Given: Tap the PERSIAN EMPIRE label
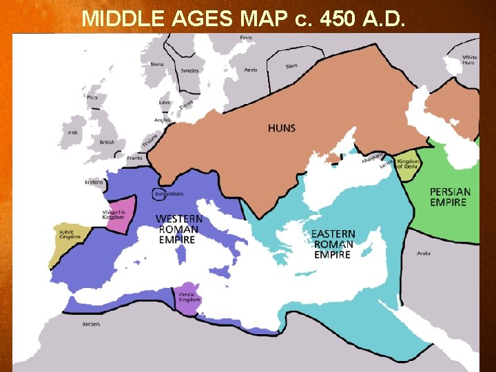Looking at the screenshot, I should [x=450, y=197].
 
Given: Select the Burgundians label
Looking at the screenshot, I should [x=169, y=194].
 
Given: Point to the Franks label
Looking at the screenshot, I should [x=135, y=158].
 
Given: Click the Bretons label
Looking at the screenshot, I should [x=94, y=183].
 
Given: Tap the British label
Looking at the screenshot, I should [x=107, y=143].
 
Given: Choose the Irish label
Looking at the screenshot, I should [x=71, y=132].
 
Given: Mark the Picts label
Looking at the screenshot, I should [x=92, y=97].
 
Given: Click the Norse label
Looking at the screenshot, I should [x=157, y=64].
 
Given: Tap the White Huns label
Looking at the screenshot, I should [x=469, y=60].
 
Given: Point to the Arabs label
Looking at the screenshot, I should [x=424, y=254].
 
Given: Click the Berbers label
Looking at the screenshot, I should [x=91, y=324].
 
